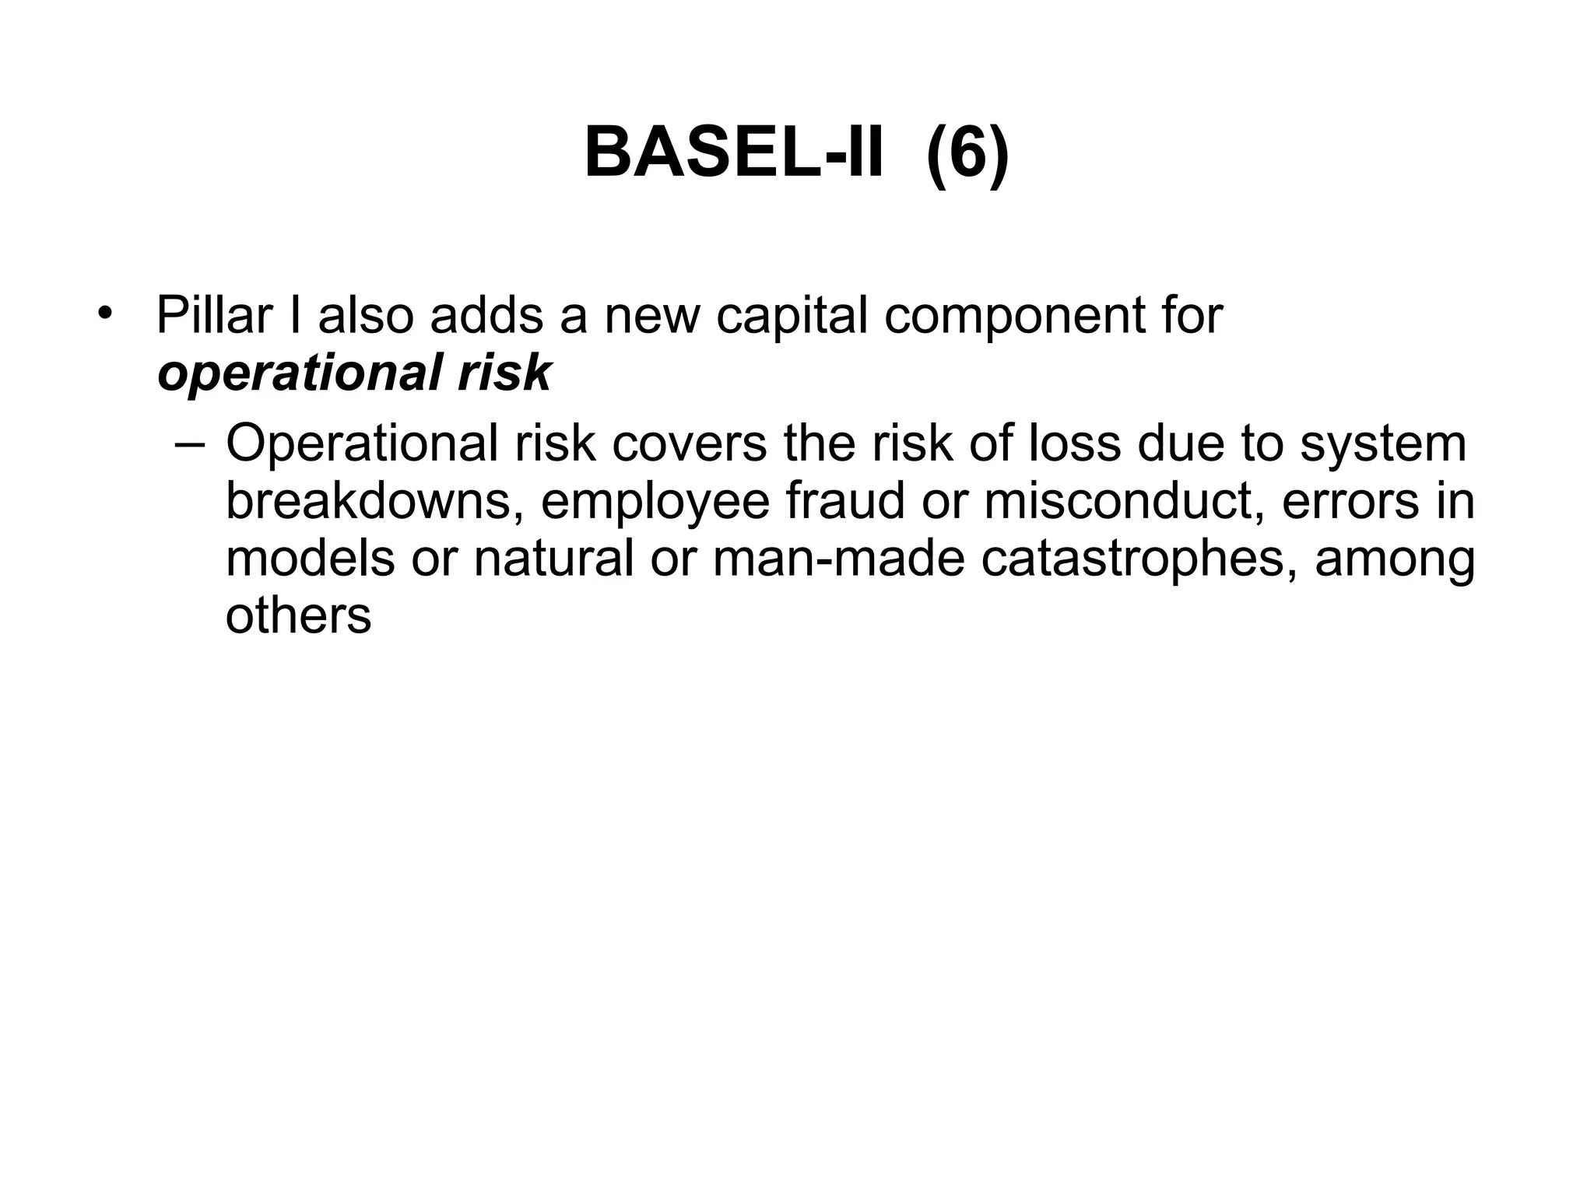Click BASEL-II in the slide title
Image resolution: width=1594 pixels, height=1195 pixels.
click(x=734, y=153)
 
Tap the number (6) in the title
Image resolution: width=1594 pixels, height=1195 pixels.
click(x=967, y=155)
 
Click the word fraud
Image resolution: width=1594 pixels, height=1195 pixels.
click(x=845, y=501)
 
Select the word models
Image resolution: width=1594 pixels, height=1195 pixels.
click(x=310, y=559)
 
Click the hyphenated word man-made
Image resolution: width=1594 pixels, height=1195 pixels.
click(x=838, y=559)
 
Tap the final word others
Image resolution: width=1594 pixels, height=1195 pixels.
click(x=298, y=616)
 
